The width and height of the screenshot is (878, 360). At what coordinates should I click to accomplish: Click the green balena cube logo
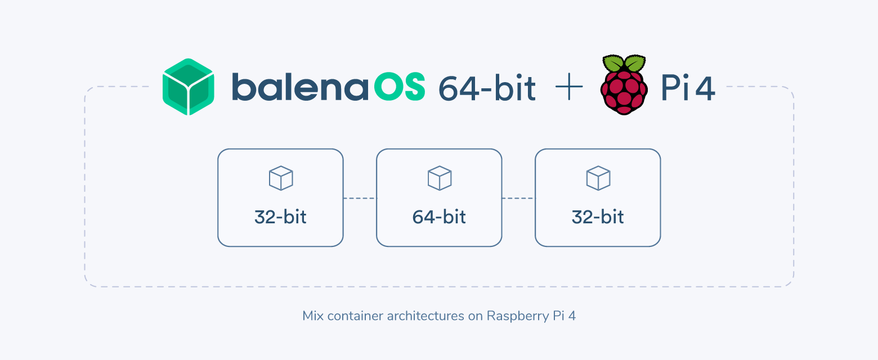pos(188,87)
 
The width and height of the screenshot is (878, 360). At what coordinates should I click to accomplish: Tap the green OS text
pos(400,88)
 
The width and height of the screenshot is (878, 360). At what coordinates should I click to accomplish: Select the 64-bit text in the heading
pos(487,89)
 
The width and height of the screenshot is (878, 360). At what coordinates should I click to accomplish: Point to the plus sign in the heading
pos(568,89)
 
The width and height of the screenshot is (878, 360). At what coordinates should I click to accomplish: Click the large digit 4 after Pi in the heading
pos(705,89)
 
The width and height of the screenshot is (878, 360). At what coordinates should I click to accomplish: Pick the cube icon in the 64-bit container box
pos(439,178)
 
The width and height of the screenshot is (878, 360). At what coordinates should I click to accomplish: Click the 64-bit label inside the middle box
pos(439,217)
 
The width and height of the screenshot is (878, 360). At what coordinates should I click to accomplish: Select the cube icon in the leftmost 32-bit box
pos(280,178)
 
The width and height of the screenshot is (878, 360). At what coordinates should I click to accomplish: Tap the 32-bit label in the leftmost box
pos(280,217)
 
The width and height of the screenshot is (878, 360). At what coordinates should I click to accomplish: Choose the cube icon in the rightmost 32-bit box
pos(598,178)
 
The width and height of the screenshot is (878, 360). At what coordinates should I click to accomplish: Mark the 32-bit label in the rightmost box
pos(598,217)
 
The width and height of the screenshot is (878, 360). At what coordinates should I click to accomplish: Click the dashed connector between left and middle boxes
pos(360,198)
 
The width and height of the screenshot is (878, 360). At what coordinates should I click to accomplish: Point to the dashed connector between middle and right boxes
pos(518,198)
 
